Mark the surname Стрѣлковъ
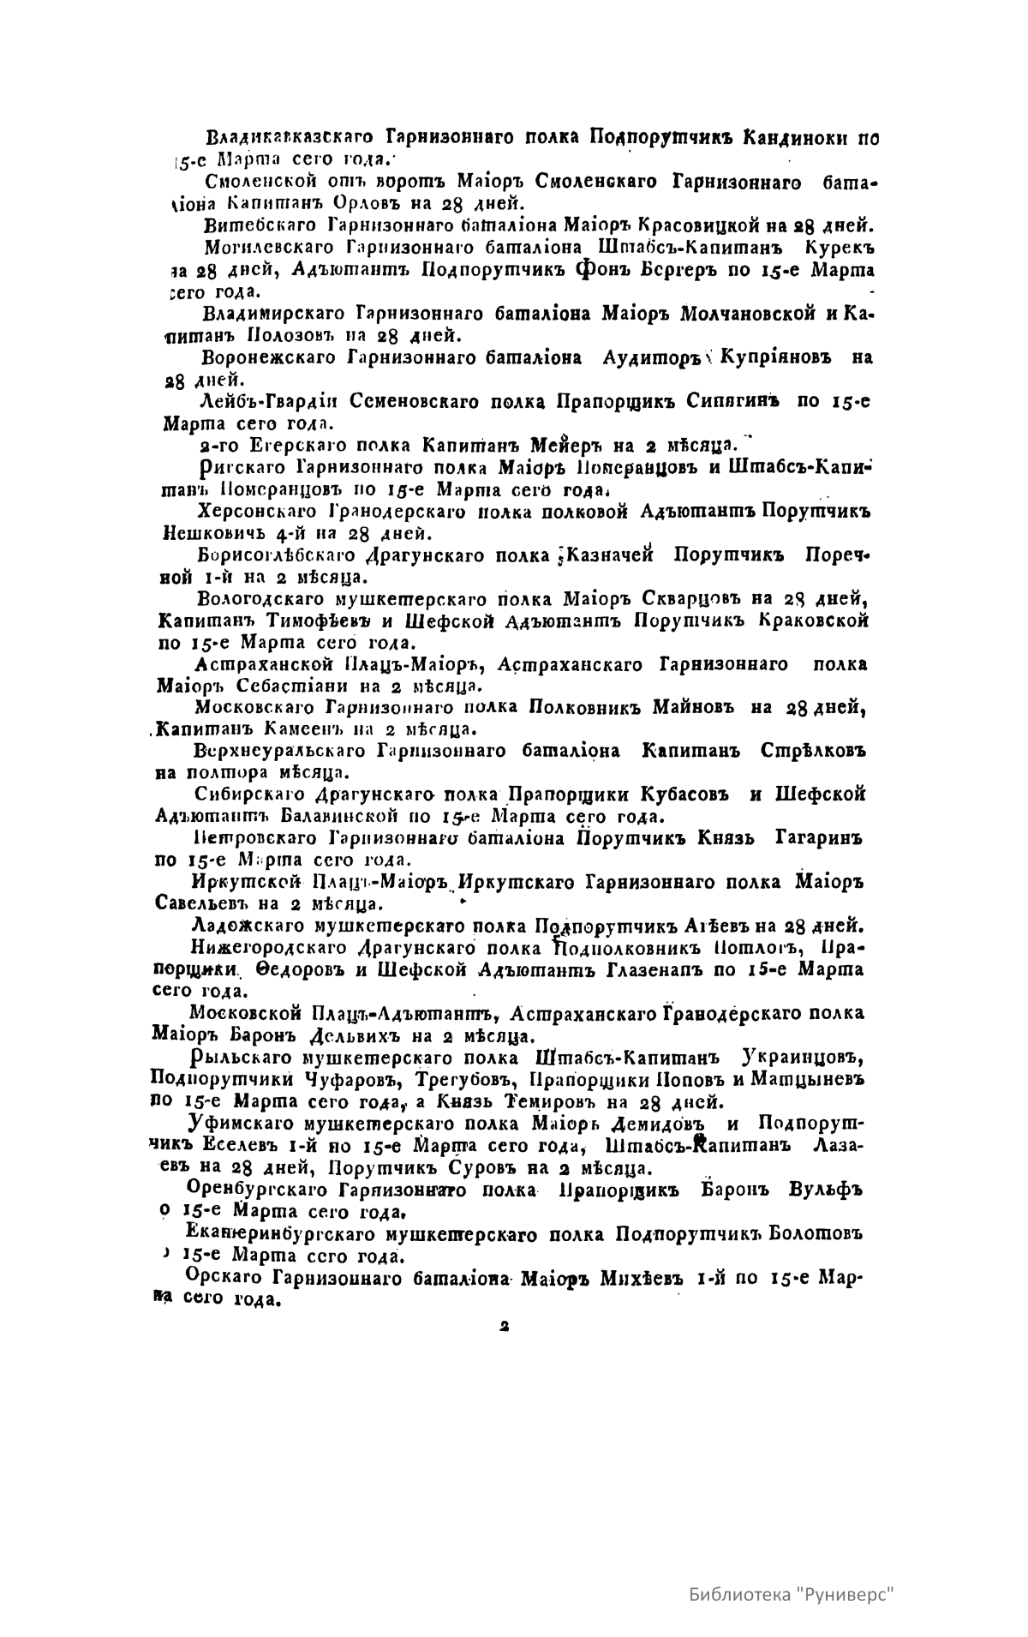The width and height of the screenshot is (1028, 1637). pos(813,752)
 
